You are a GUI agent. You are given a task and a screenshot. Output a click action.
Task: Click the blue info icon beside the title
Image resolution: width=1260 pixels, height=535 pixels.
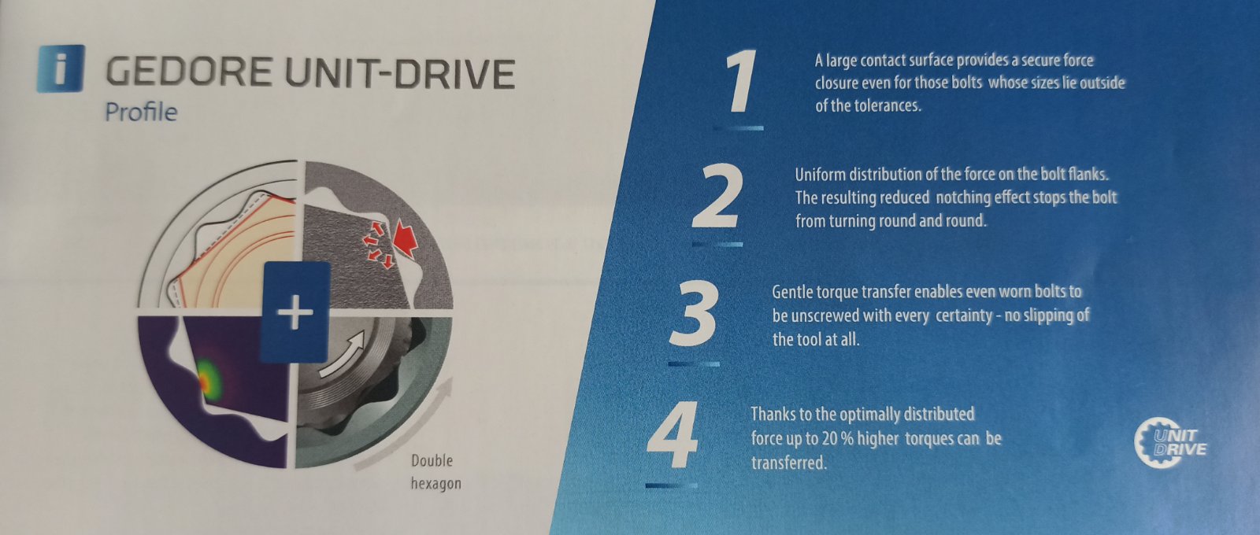[61, 68]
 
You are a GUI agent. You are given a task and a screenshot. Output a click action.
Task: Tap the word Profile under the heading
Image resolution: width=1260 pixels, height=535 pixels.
[141, 113]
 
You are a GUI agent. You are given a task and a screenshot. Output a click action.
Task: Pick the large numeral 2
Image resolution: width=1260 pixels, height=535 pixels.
[717, 197]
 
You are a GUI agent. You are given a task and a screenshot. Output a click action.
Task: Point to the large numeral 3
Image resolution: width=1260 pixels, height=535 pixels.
[693, 315]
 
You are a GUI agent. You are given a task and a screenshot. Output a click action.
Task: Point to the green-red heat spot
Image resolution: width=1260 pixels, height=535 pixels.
[209, 379]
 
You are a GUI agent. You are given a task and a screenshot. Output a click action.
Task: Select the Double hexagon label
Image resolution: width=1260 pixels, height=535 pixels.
[435, 472]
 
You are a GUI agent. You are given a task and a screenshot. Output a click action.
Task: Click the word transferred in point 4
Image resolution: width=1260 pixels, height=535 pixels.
[788, 463]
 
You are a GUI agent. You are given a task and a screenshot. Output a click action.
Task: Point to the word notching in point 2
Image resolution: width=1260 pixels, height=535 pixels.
[963, 197]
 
